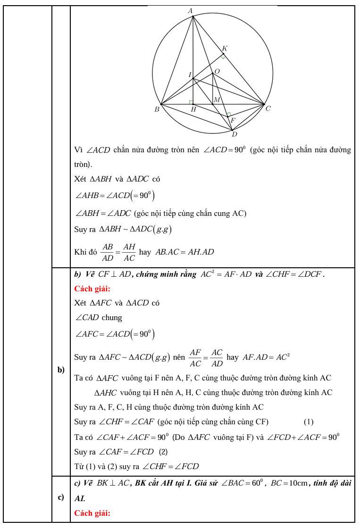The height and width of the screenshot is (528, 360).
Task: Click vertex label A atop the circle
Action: (190, 10)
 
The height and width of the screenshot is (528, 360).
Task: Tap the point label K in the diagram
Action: (225, 49)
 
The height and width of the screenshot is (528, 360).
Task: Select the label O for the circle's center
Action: (217, 71)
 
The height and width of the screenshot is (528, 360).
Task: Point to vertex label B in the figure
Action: (157, 109)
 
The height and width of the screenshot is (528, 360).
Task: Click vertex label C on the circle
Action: (268, 109)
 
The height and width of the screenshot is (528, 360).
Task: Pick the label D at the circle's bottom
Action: (234, 134)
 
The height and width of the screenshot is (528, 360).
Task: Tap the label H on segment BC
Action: (193, 109)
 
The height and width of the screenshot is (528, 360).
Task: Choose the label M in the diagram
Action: (217, 99)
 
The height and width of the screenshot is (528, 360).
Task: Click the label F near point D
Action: (232, 121)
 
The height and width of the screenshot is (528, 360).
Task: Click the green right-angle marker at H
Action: (191, 102)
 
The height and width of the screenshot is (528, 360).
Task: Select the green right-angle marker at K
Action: (223, 56)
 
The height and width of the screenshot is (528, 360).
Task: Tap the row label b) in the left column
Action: (61, 370)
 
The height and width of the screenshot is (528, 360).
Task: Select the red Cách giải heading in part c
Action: (92, 513)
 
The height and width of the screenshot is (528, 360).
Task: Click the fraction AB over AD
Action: (108, 252)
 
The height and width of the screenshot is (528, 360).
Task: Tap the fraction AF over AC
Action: (195, 357)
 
